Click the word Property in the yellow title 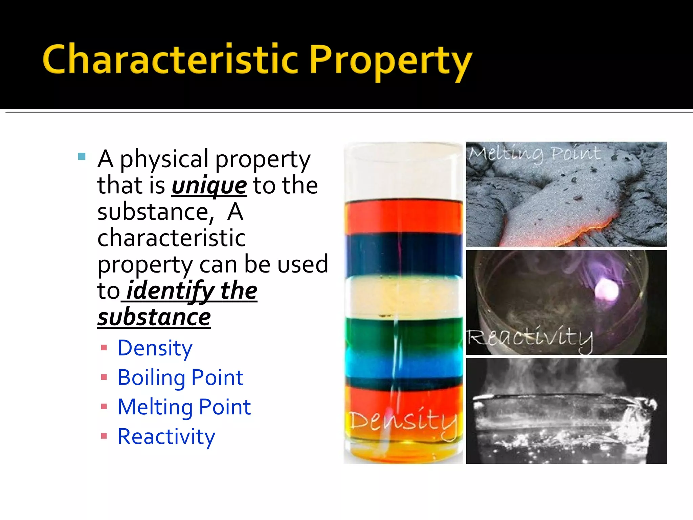[x=390, y=61]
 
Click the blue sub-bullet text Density [x=155, y=348]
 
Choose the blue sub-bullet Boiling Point [x=180, y=377]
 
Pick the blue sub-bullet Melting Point [x=184, y=407]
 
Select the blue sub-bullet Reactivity [x=166, y=437]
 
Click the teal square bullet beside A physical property [x=82, y=156]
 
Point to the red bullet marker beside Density [x=104, y=348]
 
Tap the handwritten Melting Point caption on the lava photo [x=535, y=153]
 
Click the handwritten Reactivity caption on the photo [x=530, y=338]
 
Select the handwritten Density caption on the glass [x=403, y=421]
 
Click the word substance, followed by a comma [x=156, y=212]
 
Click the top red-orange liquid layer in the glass [x=403, y=217]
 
